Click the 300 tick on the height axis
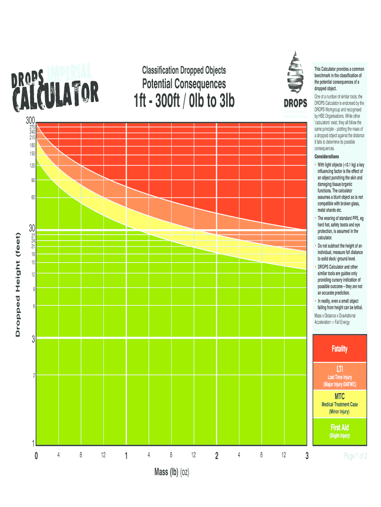(30, 121)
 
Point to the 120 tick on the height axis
(32, 166)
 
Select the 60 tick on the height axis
(33, 198)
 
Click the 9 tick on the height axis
(34, 289)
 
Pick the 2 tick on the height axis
(34, 375)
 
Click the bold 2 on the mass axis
(217, 456)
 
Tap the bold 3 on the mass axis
(307, 456)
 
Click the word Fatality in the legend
(339, 349)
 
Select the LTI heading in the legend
(339, 369)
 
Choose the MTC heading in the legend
(339, 397)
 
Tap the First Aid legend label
(339, 428)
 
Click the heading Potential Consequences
(184, 84)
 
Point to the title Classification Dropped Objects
(184, 71)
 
